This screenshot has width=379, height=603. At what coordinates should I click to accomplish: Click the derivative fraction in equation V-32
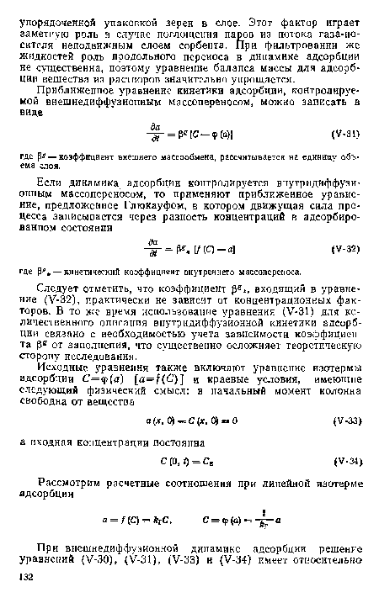pyautogui.click(x=155, y=249)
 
